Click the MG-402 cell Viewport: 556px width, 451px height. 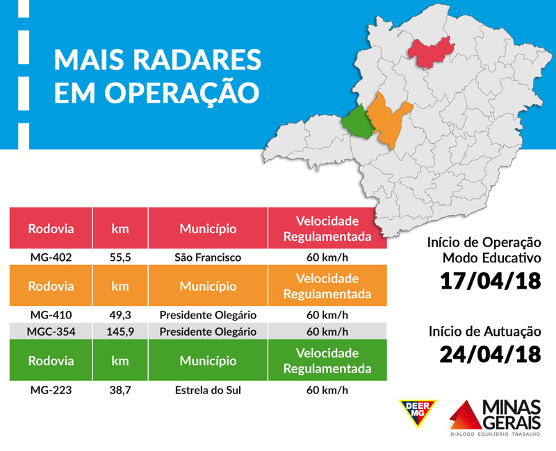[51, 257]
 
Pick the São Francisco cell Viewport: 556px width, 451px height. [208, 257]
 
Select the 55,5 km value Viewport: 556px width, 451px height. [121, 257]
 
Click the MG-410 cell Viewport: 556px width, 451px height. [51, 314]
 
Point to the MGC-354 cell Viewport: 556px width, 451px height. [51, 331]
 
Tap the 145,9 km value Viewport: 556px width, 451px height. [120, 331]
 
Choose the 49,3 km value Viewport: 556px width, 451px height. [121, 314]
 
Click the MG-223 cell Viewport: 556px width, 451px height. [51, 390]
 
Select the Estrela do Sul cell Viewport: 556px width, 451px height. [208, 390]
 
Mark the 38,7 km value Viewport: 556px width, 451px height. [121, 390]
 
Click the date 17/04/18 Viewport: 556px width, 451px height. [491, 282]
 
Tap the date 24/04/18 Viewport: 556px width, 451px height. [491, 354]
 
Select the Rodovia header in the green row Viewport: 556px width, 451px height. [51, 361]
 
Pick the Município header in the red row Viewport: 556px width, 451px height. [208, 229]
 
